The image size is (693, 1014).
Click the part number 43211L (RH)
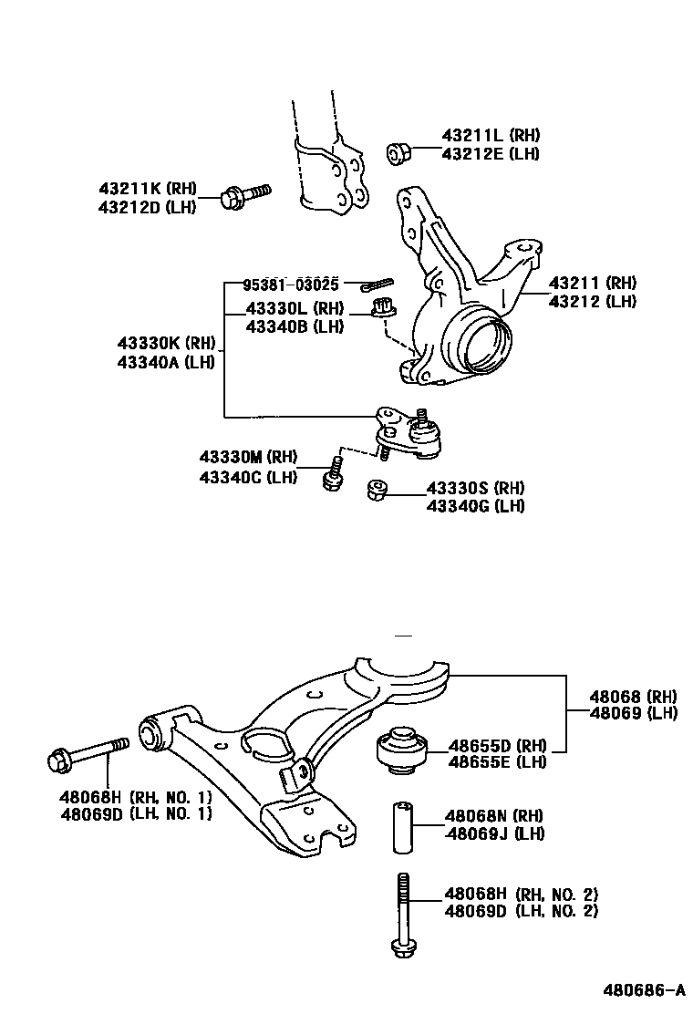[x=491, y=135]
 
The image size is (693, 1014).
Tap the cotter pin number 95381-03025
[x=291, y=284]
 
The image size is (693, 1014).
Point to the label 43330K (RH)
[x=165, y=344]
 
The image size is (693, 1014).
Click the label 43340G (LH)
[x=475, y=506]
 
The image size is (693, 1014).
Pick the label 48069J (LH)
[x=495, y=834]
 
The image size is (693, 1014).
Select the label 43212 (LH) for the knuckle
[x=593, y=301]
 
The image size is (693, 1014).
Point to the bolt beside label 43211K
[x=245, y=195]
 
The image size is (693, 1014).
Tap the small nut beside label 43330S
[x=375, y=491]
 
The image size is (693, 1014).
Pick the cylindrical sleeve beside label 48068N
[x=403, y=827]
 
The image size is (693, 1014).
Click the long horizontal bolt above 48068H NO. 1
[x=88, y=752]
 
